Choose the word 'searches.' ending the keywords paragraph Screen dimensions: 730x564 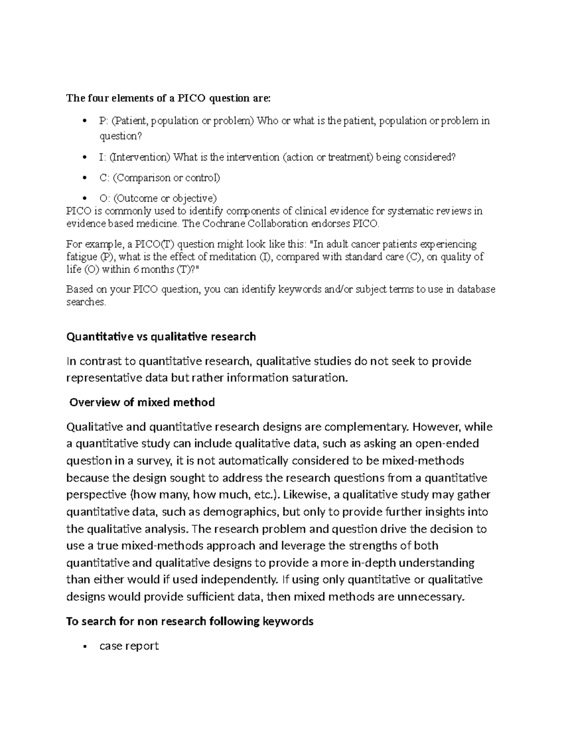[x=86, y=302]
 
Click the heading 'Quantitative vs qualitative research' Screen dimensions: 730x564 [x=161, y=337]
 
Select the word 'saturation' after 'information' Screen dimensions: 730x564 [x=320, y=377]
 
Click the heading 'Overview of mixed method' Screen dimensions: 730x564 [x=142, y=402]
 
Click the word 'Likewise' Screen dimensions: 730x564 [x=303, y=495]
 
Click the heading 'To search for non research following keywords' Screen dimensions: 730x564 [x=190, y=621]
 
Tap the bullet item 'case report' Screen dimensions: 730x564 [x=129, y=646]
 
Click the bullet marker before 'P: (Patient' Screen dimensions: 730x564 [x=84, y=121]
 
